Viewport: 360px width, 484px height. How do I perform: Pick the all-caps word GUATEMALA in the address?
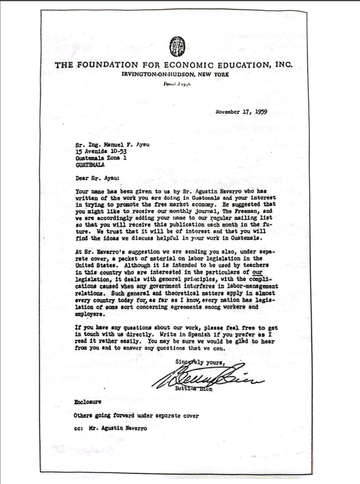(90, 165)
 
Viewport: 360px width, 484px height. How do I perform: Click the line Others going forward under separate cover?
(136, 416)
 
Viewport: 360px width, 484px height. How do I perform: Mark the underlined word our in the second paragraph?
(257, 273)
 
